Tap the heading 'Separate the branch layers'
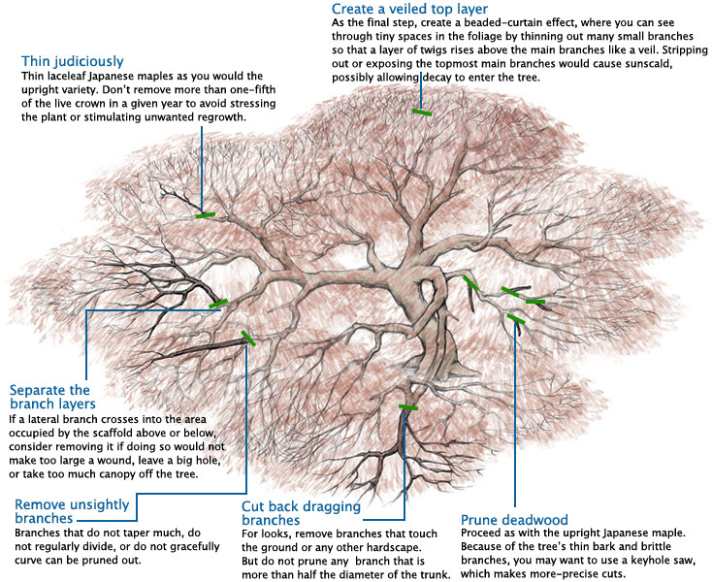coord(52,396)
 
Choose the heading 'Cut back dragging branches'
coord(301,513)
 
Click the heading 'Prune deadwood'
coord(514,519)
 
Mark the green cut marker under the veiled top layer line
coord(421,113)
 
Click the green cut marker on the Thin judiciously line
coord(204,214)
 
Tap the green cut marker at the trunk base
coord(407,408)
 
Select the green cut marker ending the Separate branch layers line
coord(218,304)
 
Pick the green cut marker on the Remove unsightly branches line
coord(249,338)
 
